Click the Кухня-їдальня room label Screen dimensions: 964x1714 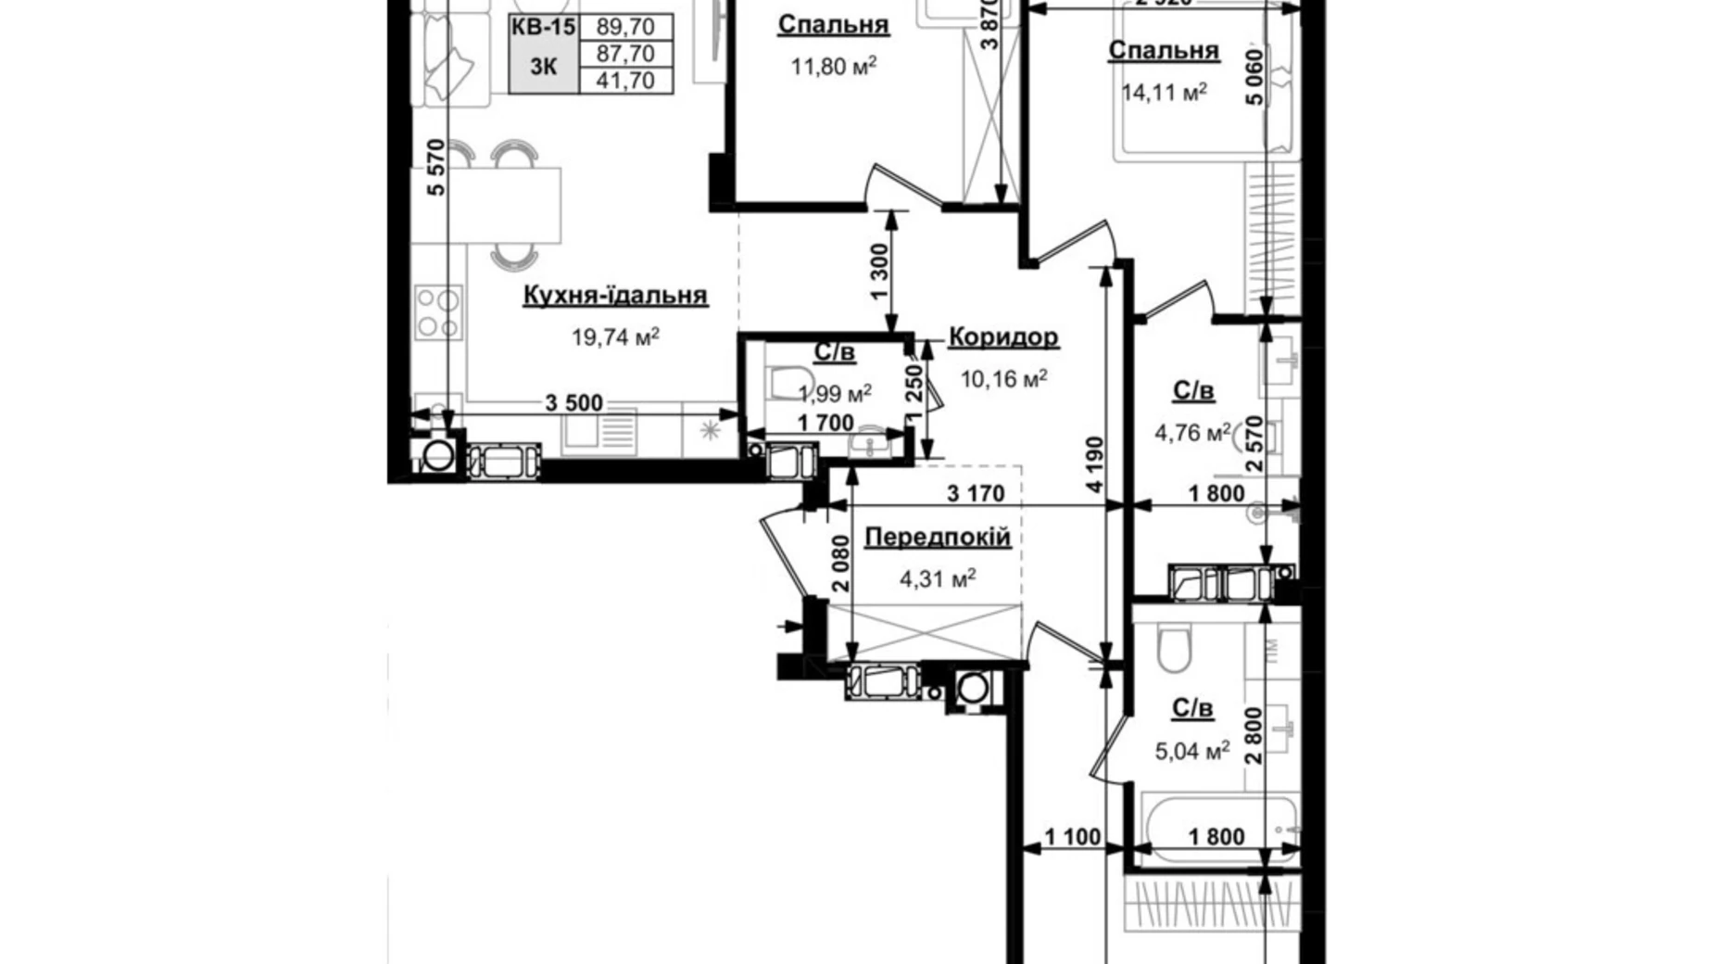point(614,296)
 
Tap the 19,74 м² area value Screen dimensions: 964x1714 point(615,337)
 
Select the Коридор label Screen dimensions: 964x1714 point(1003,337)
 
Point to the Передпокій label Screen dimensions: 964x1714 point(937,538)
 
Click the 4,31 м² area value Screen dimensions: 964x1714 point(938,580)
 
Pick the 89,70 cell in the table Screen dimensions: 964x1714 point(625,27)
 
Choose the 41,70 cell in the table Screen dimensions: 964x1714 point(625,81)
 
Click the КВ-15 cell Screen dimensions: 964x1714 point(544,27)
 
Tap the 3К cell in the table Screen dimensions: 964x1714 point(544,67)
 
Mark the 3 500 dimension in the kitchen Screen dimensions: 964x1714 point(573,403)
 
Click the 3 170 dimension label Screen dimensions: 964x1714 point(976,494)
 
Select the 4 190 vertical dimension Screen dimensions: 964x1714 point(1095,463)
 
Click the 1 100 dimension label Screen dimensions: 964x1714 point(1073,838)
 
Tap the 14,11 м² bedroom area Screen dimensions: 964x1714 point(1164,92)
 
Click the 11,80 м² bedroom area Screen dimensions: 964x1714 point(834,67)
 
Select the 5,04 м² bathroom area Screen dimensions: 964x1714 point(1191,751)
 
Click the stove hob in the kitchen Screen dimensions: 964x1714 point(438,312)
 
